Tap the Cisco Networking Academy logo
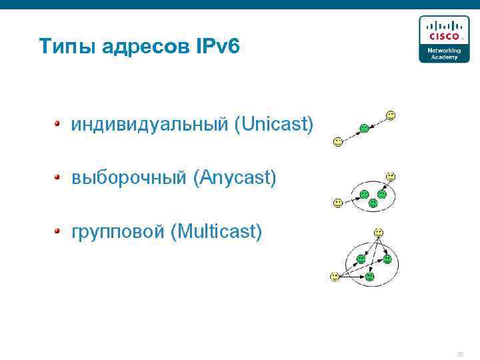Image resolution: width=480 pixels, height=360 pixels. tap(439, 39)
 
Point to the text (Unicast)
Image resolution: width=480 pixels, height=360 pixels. tap(273, 125)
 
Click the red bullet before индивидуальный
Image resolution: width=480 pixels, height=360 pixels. tap(58, 123)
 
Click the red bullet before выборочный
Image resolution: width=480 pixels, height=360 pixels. tap(58, 177)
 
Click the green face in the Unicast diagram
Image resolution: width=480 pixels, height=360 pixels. tap(364, 129)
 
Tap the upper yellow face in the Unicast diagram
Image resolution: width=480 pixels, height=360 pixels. tap(391, 115)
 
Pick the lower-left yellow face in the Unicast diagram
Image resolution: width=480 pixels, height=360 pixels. tap(338, 141)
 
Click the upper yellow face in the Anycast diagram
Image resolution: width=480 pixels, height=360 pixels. tap(391, 177)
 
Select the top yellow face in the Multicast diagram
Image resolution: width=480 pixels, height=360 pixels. tap(378, 233)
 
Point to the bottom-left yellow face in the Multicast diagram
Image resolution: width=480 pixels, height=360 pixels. tap(334, 276)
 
